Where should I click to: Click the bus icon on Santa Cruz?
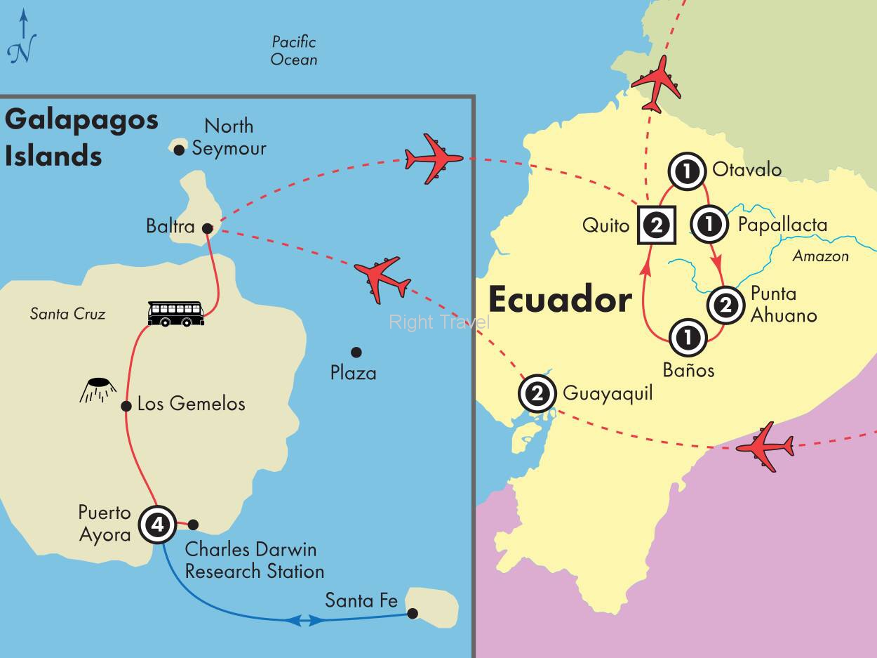pyautogui.click(x=175, y=313)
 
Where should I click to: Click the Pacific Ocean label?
pyautogui.click(x=294, y=51)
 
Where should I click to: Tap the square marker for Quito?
pyautogui.click(x=656, y=225)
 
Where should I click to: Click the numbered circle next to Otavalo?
pyautogui.click(x=686, y=171)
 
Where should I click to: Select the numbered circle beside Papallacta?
pyautogui.click(x=709, y=224)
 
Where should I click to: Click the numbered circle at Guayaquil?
pyautogui.click(x=537, y=394)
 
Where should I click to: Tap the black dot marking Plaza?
pyautogui.click(x=356, y=352)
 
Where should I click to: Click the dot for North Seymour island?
pyautogui.click(x=180, y=149)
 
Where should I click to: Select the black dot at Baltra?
pyautogui.click(x=207, y=228)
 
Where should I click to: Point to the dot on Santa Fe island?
pyautogui.click(x=413, y=614)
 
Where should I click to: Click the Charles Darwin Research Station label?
pyautogui.click(x=253, y=560)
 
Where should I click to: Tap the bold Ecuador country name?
pyautogui.click(x=559, y=300)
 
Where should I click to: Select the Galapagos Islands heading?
pyautogui.click(x=81, y=137)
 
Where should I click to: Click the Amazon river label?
pyautogui.click(x=820, y=256)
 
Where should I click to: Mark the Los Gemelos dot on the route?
pyautogui.click(x=126, y=406)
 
